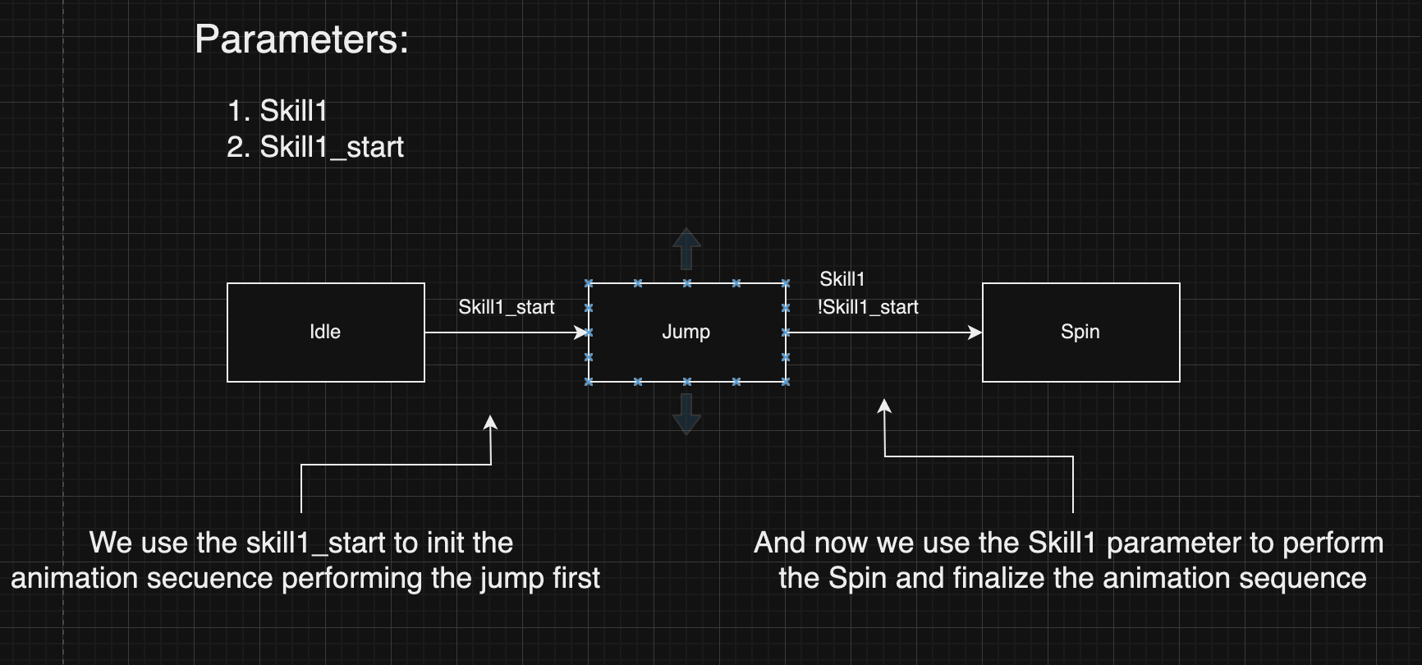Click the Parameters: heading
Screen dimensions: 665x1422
(301, 39)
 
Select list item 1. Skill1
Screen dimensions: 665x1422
(278, 111)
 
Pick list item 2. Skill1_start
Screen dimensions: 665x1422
(315, 147)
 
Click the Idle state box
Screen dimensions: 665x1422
(325, 332)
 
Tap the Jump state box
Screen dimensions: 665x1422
(686, 332)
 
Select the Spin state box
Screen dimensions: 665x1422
(1080, 332)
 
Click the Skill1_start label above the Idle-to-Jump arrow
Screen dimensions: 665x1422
(506, 307)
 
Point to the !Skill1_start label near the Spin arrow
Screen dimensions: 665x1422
(868, 307)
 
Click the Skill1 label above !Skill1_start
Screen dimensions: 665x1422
(842, 279)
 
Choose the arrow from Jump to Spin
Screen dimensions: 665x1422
(883, 332)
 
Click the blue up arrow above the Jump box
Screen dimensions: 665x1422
(686, 248)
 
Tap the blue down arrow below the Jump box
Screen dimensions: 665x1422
(686, 415)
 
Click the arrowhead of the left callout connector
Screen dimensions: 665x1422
(490, 422)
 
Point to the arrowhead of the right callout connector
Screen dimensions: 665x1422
(884, 406)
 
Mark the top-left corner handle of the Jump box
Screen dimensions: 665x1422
(589, 283)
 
